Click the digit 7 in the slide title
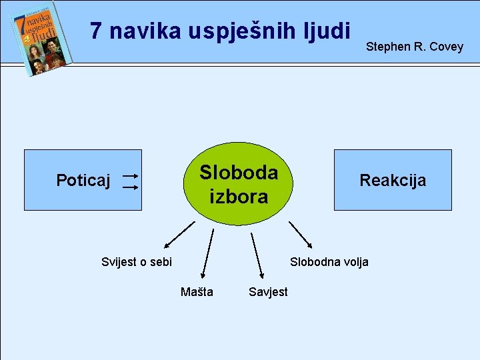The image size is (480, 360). coord(96,31)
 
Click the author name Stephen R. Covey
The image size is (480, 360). coord(414,47)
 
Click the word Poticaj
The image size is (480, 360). coord(83,180)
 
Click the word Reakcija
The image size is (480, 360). coord(393,180)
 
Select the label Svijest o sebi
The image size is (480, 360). coord(136,262)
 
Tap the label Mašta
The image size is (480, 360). coord(197,292)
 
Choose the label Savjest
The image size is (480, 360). coord(267,292)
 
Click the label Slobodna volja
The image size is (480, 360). coord(329,262)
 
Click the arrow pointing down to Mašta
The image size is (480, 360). coord(207,253)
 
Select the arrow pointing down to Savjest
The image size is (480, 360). coord(257,255)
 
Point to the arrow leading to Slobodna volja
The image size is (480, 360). coord(299,234)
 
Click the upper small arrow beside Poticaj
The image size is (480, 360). coord(130,176)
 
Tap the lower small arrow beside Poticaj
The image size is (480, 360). coord(130,188)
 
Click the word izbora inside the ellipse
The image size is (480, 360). coord(238,197)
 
